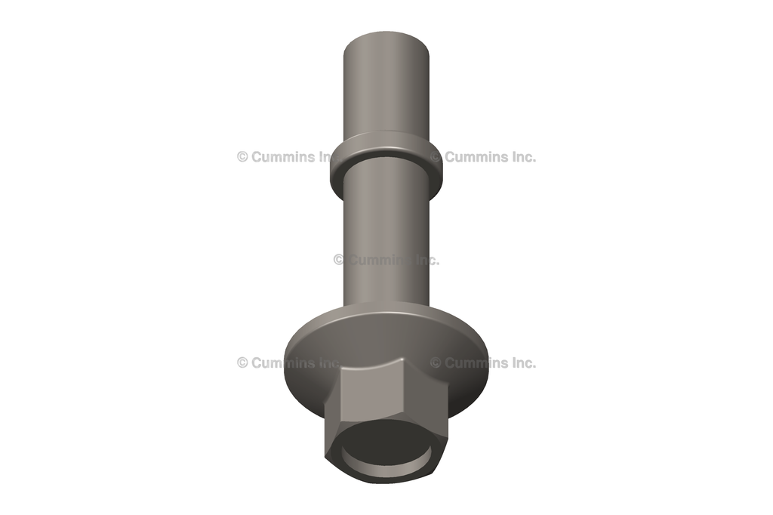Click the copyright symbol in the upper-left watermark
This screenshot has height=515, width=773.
pyautogui.click(x=242, y=157)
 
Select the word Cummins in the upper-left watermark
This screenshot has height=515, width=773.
pyautogui.click(x=280, y=157)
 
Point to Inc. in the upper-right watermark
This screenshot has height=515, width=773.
pyautogui.click(x=521, y=157)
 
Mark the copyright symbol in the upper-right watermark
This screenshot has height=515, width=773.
pyautogui.click(x=436, y=157)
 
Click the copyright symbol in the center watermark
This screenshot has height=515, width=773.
pyautogui.click(x=339, y=260)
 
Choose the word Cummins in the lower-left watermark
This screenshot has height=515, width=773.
pyautogui.click(x=280, y=362)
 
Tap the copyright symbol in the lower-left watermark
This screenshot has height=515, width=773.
pyautogui.click(x=242, y=362)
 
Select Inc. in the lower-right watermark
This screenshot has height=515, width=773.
pyautogui.click(x=521, y=362)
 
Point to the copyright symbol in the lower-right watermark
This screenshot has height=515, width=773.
pyautogui.click(x=436, y=362)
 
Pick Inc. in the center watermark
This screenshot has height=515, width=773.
pyautogui.click(x=426, y=260)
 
